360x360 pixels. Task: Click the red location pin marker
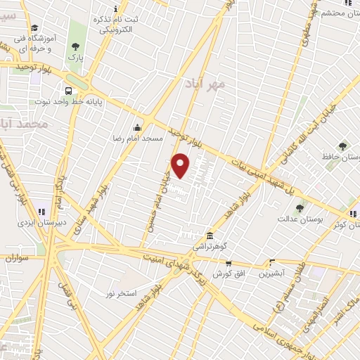181,165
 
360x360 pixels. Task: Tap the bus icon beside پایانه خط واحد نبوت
68,91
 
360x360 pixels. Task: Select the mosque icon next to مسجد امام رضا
136,129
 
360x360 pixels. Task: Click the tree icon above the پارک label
75,48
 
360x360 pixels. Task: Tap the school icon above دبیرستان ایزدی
41,211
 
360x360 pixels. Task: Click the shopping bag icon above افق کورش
229,262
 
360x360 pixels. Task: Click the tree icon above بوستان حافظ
342,146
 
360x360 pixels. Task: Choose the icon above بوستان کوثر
352,213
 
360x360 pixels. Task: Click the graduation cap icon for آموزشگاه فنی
33,27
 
